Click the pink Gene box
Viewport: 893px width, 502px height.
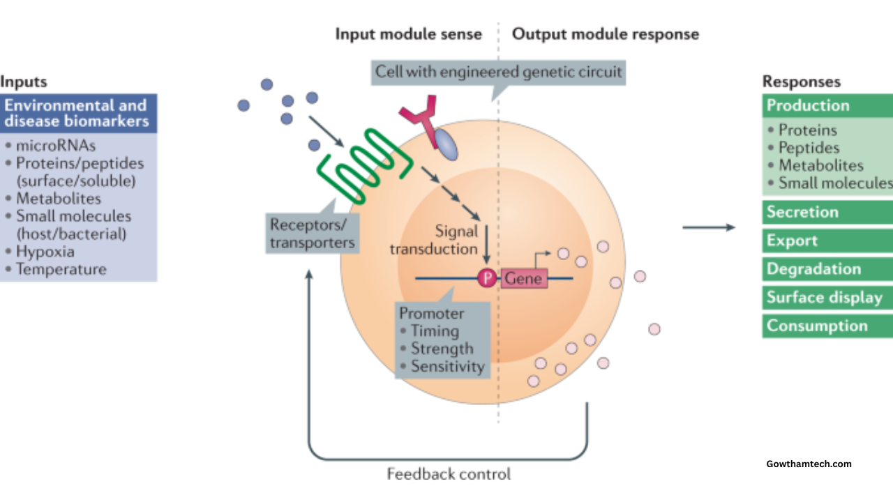(x=523, y=278)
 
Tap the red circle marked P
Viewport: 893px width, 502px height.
(x=486, y=278)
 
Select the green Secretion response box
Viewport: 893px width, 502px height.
(x=827, y=212)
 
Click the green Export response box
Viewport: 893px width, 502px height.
(x=827, y=241)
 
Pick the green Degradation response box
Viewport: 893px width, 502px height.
(x=827, y=269)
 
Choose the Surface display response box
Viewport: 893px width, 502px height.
(x=827, y=298)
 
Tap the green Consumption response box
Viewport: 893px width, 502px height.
(x=827, y=326)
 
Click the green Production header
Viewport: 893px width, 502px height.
(x=827, y=106)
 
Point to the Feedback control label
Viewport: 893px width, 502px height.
(x=449, y=474)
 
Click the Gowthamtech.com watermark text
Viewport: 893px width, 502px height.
(x=809, y=464)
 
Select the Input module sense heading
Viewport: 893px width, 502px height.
(x=408, y=34)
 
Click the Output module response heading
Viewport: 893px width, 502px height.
(x=606, y=34)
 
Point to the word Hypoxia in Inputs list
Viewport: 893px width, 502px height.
(x=45, y=252)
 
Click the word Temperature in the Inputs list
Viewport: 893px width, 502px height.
(x=61, y=269)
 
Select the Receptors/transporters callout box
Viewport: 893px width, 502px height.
(x=313, y=234)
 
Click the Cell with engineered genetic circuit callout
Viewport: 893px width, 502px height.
(x=498, y=72)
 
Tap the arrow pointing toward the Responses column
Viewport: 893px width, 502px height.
(x=708, y=227)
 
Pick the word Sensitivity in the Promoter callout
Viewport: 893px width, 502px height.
(x=447, y=366)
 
